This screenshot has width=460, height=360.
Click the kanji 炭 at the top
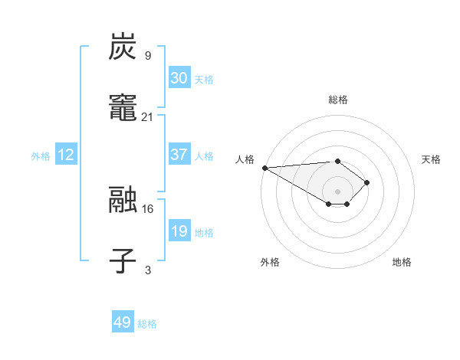pos(123,47)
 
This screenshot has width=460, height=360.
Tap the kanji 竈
pos(123,109)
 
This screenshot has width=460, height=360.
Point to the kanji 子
pos(123,261)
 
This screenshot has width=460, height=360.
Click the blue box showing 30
pos(179,78)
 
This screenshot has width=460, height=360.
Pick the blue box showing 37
pos(179,155)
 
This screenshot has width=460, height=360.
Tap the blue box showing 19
pos(179,231)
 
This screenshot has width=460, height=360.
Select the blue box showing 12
pos(66,155)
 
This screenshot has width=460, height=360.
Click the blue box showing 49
pos(123,323)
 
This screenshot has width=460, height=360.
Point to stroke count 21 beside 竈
pos(148,116)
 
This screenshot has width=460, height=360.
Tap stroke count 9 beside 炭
pos(148,55)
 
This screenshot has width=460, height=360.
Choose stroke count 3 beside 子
pos(148,270)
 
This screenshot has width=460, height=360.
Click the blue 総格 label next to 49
pos(147,324)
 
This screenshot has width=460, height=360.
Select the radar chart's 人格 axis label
pos(245,159)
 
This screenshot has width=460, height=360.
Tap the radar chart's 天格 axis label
pos(431,159)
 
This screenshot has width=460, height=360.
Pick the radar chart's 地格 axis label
pos(402,262)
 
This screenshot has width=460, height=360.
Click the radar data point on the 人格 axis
pos(264,168)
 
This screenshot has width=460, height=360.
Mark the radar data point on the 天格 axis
pos(368,182)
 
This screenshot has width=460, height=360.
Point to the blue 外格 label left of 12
pos(41,155)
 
